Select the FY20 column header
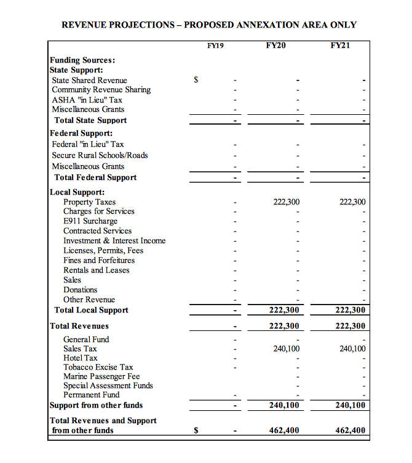click(275, 45)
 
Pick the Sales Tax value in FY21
click(352, 349)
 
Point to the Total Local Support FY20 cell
click(284, 311)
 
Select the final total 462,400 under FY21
click(351, 430)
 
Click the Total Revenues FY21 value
click(351, 326)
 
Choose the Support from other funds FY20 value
click(284, 405)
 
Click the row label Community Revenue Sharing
click(101, 90)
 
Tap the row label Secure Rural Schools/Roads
click(100, 155)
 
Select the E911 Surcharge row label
click(90, 221)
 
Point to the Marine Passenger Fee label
click(101, 376)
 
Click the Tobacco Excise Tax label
click(98, 367)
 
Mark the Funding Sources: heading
click(82, 60)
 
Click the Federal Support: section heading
click(81, 133)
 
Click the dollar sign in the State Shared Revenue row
click(196, 80)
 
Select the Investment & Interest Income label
click(114, 241)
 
